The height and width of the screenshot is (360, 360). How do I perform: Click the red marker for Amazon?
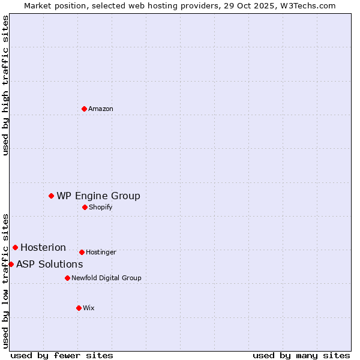[x=84, y=109]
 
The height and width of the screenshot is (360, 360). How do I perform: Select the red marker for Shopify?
[x=85, y=207]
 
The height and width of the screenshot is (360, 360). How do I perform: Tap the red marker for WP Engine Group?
[x=52, y=196]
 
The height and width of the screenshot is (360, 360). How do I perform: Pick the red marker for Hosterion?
[x=16, y=247]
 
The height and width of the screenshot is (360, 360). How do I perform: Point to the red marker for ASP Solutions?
[x=11, y=264]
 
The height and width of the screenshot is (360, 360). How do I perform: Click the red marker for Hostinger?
[x=82, y=252]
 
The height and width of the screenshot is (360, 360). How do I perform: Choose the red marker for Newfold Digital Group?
[x=67, y=278]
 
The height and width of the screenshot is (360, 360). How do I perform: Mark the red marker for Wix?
[x=79, y=308]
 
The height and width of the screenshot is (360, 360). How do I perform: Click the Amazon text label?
[x=101, y=109]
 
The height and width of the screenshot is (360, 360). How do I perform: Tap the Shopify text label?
[x=100, y=207]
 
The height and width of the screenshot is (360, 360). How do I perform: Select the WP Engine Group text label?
[x=98, y=196]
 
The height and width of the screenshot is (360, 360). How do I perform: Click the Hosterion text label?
[x=43, y=247]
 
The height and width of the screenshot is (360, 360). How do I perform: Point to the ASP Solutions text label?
[x=49, y=264]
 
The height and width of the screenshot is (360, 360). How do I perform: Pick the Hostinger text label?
[x=101, y=252]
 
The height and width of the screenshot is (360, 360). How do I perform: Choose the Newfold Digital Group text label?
[x=106, y=278]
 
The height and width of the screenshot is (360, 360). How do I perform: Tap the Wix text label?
[x=89, y=308]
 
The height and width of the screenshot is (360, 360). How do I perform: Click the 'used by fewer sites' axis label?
[x=62, y=355]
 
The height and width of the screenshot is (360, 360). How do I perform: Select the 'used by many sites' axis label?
[x=301, y=355]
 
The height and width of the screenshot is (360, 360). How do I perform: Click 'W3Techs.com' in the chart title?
[x=307, y=5]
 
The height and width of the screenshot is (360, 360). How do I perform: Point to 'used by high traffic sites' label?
[x=5, y=85]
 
